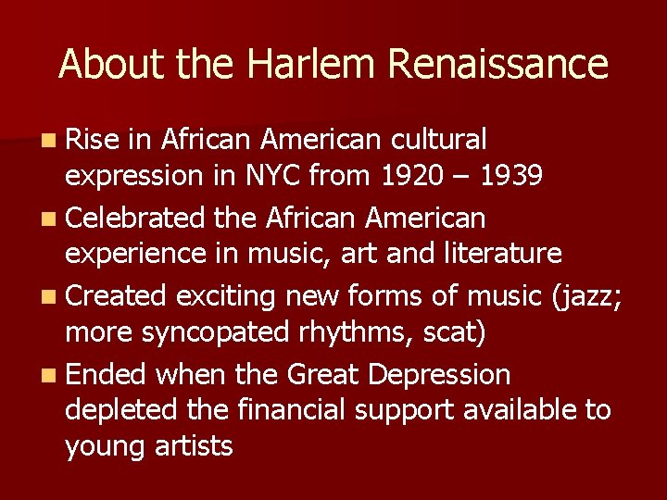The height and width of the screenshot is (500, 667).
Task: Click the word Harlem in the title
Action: pyautogui.click(x=297, y=64)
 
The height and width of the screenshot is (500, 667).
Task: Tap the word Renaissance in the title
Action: pyautogui.click(x=498, y=64)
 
